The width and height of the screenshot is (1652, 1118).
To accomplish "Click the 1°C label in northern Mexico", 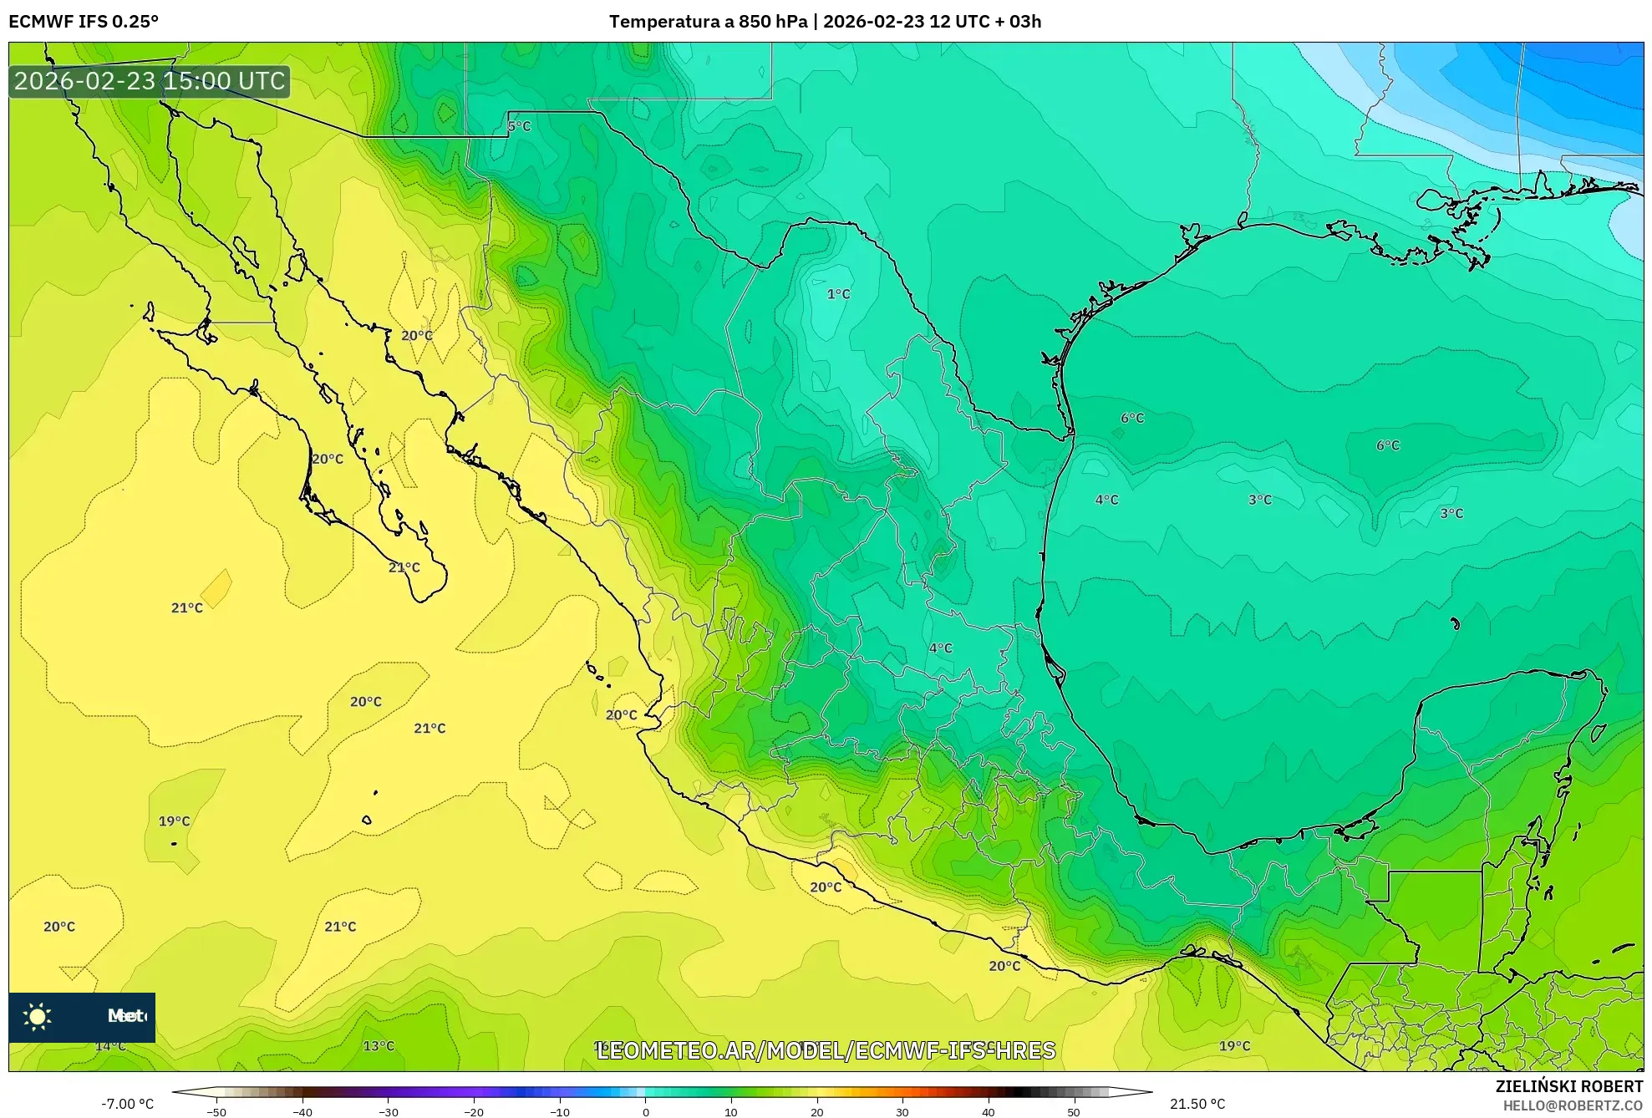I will (x=838, y=294).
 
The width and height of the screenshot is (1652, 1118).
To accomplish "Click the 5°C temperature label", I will (x=519, y=126).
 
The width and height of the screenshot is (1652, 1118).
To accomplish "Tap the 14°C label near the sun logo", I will (x=110, y=1046).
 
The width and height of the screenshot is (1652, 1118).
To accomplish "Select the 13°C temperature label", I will (x=379, y=1046).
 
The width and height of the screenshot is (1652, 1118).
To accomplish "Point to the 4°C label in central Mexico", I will (x=940, y=648).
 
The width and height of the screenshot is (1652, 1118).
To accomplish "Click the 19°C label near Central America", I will (x=1234, y=1046).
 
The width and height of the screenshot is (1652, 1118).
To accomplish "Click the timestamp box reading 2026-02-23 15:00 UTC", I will (x=150, y=81).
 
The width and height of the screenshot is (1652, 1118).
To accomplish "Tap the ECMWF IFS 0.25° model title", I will (x=84, y=22).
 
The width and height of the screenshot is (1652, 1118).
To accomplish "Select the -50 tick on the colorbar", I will (x=216, y=1112).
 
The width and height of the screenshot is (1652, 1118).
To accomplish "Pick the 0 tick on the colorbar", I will (x=645, y=1112).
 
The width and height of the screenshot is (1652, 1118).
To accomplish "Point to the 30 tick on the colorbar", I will (x=902, y=1112).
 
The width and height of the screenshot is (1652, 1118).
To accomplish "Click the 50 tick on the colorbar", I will (x=1073, y=1112).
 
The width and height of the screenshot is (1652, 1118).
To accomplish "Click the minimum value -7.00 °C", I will (x=127, y=1104).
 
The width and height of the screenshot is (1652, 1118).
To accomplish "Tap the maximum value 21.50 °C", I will (x=1197, y=1104).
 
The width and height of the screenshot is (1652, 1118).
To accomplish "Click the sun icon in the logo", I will (x=38, y=1017).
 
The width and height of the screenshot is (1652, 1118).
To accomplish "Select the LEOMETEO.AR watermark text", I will (x=826, y=1050).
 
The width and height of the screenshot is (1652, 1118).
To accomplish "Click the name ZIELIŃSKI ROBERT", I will (x=1568, y=1086).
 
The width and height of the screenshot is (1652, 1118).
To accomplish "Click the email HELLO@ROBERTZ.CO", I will (x=1572, y=1105).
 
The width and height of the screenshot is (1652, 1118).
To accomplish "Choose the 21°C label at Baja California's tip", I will (x=404, y=567).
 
